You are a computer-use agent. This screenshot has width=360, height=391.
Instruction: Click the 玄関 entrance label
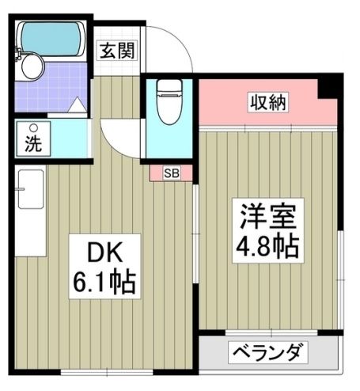click(x=118, y=51)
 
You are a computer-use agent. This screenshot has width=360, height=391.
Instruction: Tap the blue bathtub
click(x=51, y=39)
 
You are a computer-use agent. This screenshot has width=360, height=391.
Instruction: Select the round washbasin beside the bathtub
click(x=32, y=66)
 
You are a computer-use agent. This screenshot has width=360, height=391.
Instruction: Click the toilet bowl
click(x=169, y=102)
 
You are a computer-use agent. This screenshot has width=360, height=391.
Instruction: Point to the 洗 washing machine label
click(x=33, y=144)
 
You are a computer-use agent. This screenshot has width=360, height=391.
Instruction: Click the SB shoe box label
click(x=172, y=173)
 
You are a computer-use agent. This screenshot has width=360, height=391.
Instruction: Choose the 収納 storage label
click(x=268, y=102)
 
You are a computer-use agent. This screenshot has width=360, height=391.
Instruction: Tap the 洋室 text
click(x=268, y=217)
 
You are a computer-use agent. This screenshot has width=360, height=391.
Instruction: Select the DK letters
click(x=105, y=252)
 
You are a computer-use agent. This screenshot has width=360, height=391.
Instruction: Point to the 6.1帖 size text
click(x=104, y=283)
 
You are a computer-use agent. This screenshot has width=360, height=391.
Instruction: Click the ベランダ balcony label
click(x=267, y=352)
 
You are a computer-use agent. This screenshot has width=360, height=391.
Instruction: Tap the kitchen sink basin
click(x=31, y=189)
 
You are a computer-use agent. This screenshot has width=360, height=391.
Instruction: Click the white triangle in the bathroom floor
click(x=78, y=105)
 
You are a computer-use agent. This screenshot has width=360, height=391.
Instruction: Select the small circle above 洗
click(x=33, y=128)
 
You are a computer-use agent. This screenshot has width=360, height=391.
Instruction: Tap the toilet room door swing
click(x=120, y=139)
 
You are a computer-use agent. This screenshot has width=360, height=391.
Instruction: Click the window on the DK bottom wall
click(x=107, y=372)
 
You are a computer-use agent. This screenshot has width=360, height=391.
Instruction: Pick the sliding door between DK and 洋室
click(x=195, y=233)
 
